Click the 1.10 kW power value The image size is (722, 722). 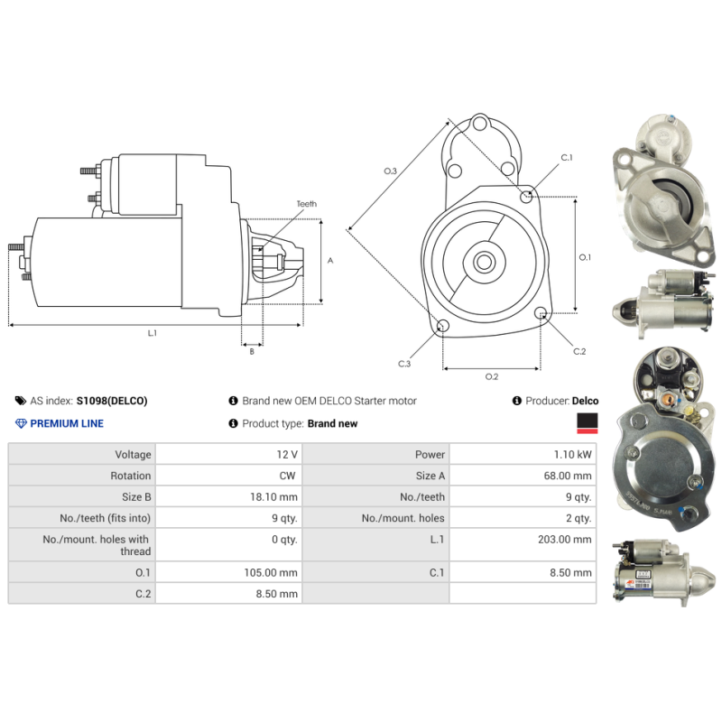[x=572, y=455]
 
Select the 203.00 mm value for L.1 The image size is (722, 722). [x=565, y=539]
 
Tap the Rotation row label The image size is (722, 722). [x=130, y=476]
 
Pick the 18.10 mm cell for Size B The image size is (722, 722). [x=273, y=497]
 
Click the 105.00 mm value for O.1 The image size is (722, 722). [x=271, y=572]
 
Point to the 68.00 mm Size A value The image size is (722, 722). [x=568, y=476]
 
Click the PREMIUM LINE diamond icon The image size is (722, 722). [x=21, y=423]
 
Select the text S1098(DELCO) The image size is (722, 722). [x=112, y=401]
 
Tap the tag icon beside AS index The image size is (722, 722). [x=20, y=401]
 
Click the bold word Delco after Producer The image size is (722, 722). [x=585, y=401]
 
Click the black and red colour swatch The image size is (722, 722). [x=588, y=423]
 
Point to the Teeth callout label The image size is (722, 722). [x=307, y=204]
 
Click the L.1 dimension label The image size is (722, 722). [x=153, y=333]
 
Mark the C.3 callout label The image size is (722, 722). [x=404, y=364]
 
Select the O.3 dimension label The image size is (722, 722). [x=391, y=171]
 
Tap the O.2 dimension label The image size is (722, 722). [x=492, y=376]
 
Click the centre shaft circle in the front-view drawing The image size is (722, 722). [x=484, y=262]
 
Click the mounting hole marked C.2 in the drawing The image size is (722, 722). [x=541, y=313]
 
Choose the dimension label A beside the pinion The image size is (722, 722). [x=330, y=261]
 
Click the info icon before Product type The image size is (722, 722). [x=234, y=423]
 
